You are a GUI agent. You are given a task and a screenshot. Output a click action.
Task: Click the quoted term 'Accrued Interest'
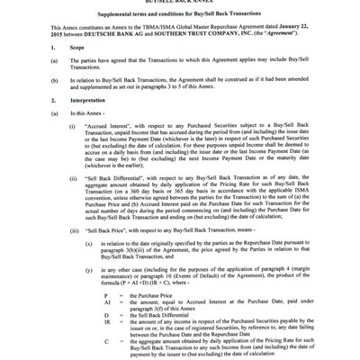[101, 154]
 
